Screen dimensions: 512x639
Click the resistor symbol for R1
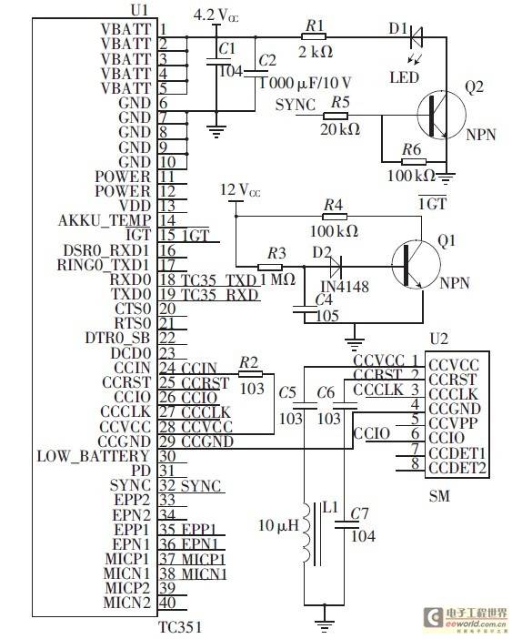click(314, 36)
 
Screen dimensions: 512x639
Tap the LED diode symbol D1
click(416, 36)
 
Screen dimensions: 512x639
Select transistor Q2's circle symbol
click(441, 114)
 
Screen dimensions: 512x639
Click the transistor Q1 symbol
click(416, 265)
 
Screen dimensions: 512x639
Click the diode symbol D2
click(336, 268)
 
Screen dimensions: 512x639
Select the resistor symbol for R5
click(336, 116)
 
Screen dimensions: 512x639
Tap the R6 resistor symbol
click(414, 162)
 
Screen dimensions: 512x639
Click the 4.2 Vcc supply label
click(216, 15)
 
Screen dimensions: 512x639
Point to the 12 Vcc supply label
click(240, 190)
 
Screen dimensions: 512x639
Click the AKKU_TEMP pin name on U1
click(105, 220)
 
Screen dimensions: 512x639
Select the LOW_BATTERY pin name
click(93, 456)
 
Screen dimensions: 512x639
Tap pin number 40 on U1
click(167, 603)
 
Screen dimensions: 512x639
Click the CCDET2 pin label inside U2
click(457, 468)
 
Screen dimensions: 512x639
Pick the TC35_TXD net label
click(218, 280)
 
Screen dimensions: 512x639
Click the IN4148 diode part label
click(346, 286)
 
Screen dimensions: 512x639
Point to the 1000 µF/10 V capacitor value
click(306, 83)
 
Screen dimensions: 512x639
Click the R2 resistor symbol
click(250, 374)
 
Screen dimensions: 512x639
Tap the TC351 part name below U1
click(179, 627)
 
